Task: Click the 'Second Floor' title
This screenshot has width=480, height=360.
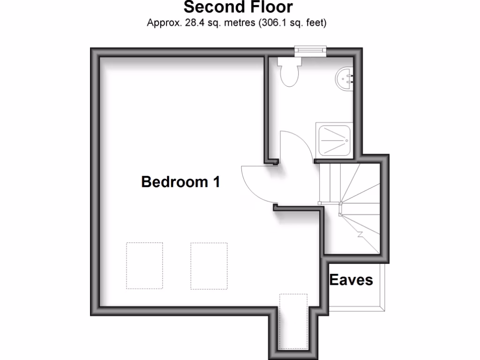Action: coord(238,7)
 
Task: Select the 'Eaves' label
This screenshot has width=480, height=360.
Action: coord(351,280)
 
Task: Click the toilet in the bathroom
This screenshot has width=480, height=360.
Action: coord(288,74)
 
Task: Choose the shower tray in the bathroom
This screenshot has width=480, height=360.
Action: coord(335,139)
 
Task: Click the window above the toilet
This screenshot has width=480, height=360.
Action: coord(310,49)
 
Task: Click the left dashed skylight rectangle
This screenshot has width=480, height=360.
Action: coord(144,265)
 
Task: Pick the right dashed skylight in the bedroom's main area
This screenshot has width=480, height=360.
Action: coord(209,265)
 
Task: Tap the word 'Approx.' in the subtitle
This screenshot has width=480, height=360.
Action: coord(161,22)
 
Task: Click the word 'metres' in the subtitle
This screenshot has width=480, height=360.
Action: coord(236,22)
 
